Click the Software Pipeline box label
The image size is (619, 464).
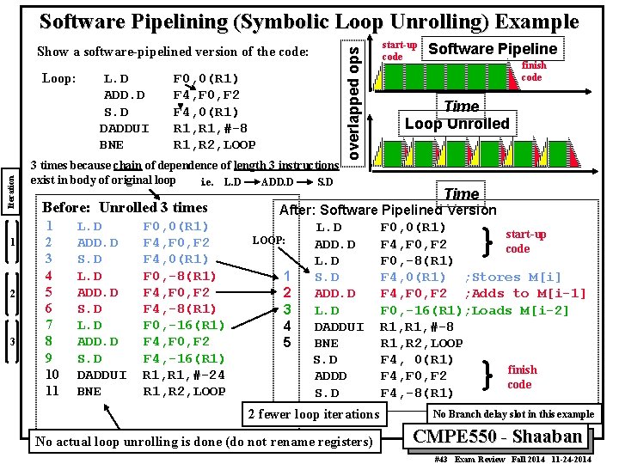pos(493,49)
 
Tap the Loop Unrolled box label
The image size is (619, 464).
pos(457,123)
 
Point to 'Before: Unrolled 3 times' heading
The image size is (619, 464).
pos(125,207)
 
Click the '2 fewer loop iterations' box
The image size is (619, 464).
pos(313,414)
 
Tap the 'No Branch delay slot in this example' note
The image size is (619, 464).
pos(514,413)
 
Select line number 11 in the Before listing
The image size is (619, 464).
pos(52,391)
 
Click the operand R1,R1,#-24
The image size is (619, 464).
pos(184,375)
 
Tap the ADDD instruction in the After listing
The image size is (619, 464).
pos(331,375)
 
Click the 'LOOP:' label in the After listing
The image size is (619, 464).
pos(268,240)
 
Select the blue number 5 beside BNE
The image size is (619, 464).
pos(288,343)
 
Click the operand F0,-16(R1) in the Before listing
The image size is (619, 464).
pos(184,326)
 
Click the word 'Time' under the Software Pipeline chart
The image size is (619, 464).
pos(462,107)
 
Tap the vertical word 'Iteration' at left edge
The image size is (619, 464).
pos(10,191)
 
